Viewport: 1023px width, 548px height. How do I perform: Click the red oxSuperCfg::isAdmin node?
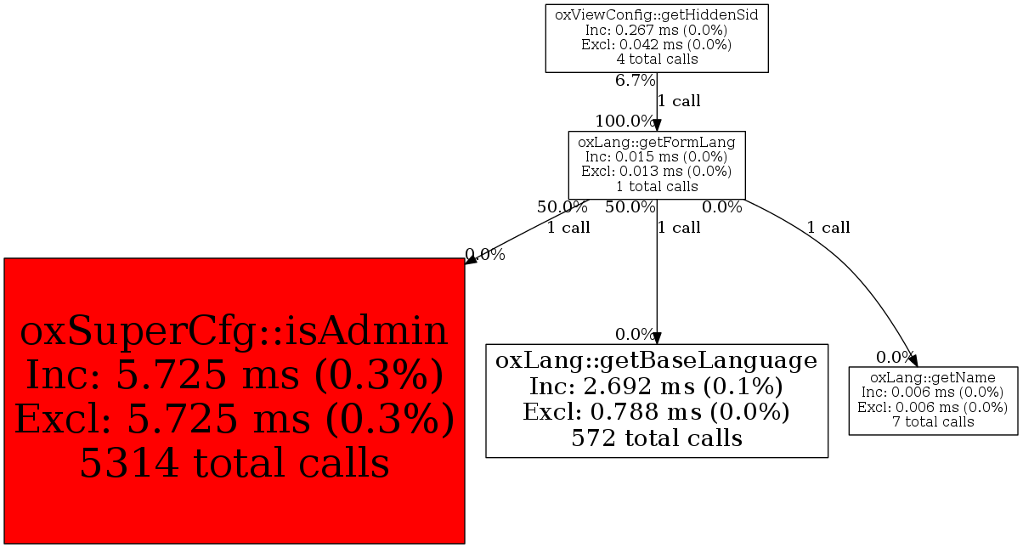[x=234, y=400]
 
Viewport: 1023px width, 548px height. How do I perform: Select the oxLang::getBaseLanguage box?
[x=656, y=399]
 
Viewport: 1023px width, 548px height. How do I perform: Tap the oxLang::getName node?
[x=932, y=399]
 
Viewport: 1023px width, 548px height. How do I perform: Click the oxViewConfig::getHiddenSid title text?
[x=656, y=14]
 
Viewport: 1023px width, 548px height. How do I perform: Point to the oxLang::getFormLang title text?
[x=656, y=142]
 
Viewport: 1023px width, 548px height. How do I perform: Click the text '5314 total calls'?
[x=234, y=463]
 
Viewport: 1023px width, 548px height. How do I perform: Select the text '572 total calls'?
[x=656, y=438]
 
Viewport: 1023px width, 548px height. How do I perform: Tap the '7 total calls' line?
[x=932, y=421]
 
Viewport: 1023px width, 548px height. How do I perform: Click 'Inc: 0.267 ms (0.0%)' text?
[x=656, y=29]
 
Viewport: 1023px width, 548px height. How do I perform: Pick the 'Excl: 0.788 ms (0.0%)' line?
[x=656, y=412]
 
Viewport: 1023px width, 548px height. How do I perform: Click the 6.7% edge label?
[x=635, y=81]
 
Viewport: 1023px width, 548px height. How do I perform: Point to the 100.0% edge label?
[x=625, y=121]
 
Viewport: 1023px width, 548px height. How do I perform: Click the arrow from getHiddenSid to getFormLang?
[x=657, y=101]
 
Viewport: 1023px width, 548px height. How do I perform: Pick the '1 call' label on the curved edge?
[x=828, y=228]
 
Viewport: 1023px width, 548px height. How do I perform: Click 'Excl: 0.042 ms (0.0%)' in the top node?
[x=656, y=44]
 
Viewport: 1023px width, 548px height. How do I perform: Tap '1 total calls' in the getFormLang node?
[x=656, y=186]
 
